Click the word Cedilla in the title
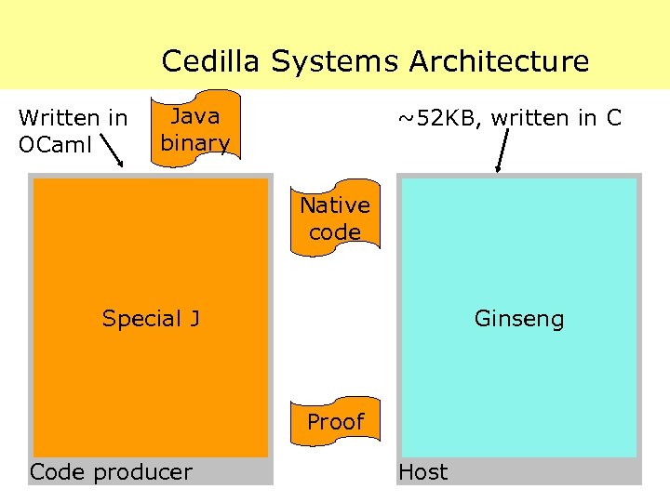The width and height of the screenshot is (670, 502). [x=212, y=61]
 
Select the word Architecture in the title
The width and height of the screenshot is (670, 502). [x=499, y=61]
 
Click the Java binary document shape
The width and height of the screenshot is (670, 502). [x=194, y=129]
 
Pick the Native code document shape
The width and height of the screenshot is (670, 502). [x=335, y=218]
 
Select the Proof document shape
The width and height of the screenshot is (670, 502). [x=335, y=421]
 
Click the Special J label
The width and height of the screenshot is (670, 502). [x=151, y=319]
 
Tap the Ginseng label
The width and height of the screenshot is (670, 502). [x=519, y=319]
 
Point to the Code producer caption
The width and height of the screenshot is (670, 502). [x=111, y=472]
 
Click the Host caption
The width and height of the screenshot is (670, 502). [x=422, y=472]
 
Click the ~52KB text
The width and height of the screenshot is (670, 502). [x=438, y=118]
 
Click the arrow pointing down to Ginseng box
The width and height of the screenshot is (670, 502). [x=503, y=152]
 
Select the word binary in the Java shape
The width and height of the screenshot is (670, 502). [x=194, y=142]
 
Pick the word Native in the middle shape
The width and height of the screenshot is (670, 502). [x=335, y=205]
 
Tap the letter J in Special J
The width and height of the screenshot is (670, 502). [x=194, y=319]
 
